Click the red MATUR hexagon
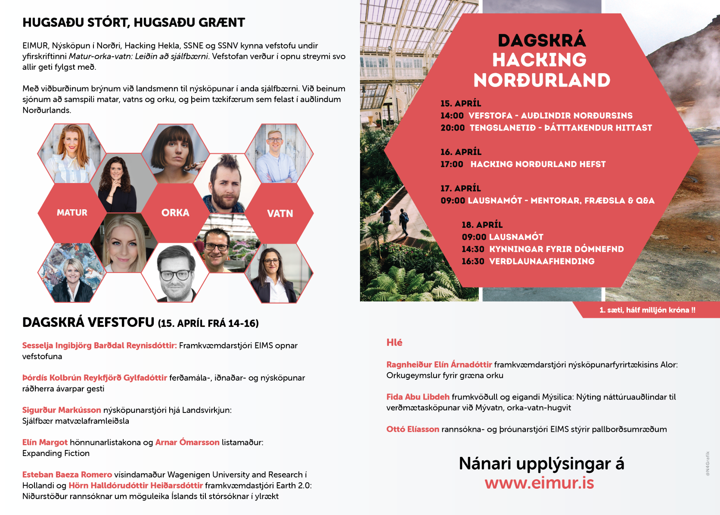72,213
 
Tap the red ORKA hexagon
175,213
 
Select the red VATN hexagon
280,214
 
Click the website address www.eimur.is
539,483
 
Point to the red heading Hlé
394,343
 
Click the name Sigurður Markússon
62,410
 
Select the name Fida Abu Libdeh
418,397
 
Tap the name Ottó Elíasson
413,429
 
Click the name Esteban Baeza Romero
67,475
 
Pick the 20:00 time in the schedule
453,128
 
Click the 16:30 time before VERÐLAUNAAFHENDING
473,261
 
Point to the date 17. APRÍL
460,188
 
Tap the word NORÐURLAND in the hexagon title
542,81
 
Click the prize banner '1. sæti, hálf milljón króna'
647,310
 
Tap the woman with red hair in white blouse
71,153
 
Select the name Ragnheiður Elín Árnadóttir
439,365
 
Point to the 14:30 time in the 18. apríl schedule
473,249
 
